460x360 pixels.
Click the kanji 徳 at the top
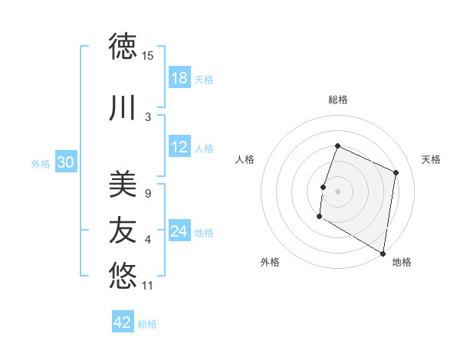(123, 46)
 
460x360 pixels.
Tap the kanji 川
(123, 108)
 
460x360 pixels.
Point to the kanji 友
(123, 229)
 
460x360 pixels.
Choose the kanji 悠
(123, 273)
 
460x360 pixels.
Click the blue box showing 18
(179, 79)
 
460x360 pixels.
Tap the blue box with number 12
(179, 148)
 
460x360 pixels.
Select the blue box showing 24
(179, 232)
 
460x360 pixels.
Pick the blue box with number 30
(66, 163)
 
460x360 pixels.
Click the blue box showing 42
(123, 322)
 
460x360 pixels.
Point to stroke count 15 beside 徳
(148, 55)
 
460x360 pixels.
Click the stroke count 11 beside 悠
(148, 286)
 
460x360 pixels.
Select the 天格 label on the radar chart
(431, 159)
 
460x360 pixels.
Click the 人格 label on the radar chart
(245, 159)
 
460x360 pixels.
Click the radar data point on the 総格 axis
(337, 146)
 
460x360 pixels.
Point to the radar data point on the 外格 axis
(319, 217)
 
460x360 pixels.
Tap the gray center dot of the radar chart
(337, 191)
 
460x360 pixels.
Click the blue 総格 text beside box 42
(148, 324)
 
